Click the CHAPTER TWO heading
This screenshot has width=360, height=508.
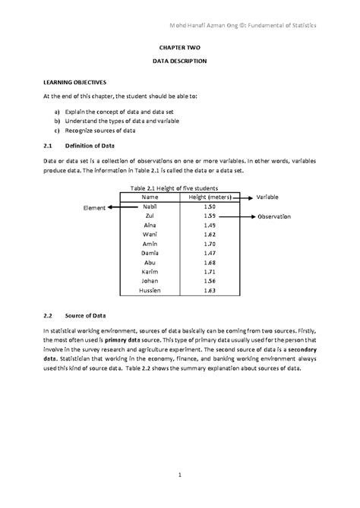179,47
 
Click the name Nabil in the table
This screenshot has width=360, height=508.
150,207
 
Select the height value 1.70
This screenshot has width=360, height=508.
210,245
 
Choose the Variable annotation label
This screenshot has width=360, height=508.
268,197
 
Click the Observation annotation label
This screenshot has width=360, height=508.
274,216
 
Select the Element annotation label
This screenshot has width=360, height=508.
94,207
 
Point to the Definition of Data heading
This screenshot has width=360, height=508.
99,144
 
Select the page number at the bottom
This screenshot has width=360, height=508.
180,475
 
